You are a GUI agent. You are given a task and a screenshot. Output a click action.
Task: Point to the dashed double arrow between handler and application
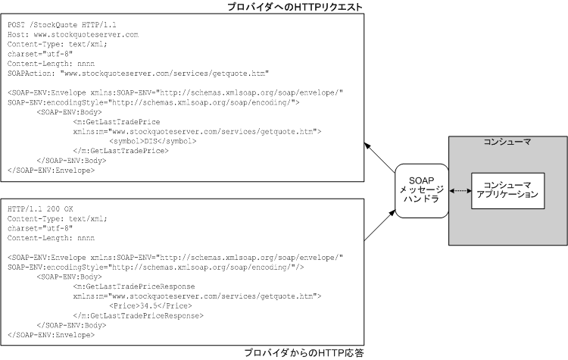coord(459,195)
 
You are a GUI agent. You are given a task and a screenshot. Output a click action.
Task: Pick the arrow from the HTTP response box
coord(379,227)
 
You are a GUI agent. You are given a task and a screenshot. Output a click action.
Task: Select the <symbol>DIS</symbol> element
coord(154,140)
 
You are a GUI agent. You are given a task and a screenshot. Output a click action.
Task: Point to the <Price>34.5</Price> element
coord(150,305)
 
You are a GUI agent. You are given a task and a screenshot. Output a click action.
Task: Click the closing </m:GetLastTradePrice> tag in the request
coord(120,150)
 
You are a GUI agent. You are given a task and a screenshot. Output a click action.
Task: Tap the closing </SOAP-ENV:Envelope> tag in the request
coord(51,169)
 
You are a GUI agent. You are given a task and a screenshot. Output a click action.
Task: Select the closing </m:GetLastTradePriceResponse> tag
coord(139,315)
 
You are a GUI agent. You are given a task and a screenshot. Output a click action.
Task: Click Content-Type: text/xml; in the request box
coord(57,44)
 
